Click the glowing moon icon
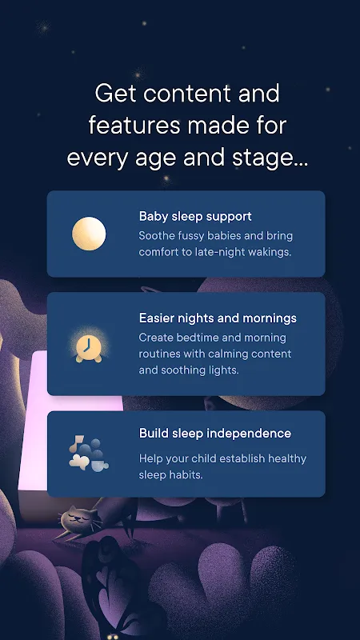pyautogui.click(x=89, y=234)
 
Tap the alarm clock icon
pyautogui.click(x=89, y=348)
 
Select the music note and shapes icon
pyautogui.click(x=89, y=454)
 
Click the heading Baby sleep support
pyautogui.click(x=195, y=216)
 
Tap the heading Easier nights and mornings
pyautogui.click(x=218, y=318)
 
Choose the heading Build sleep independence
pyautogui.click(x=214, y=433)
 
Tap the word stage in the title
pyautogui.click(x=264, y=158)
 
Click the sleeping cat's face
pyautogui.click(x=74, y=517)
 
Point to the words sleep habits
pyautogui.click(x=170, y=475)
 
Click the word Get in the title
pyautogui.click(x=116, y=94)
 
